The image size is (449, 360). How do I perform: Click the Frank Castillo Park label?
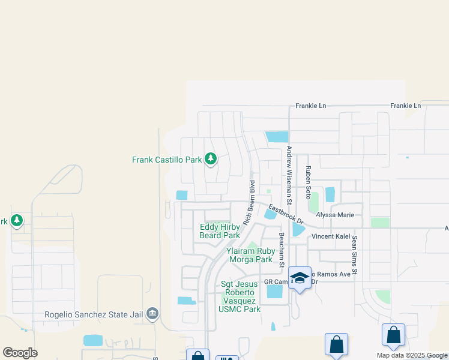167,160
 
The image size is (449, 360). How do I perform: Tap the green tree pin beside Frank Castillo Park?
210,159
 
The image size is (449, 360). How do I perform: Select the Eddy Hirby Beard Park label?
220,231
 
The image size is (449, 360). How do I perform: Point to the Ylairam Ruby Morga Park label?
251,256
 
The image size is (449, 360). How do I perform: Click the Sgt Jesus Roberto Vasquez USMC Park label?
240,296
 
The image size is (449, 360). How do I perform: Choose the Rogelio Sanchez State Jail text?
96,314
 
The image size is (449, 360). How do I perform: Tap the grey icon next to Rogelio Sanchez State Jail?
153,313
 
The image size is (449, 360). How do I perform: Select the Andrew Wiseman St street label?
289,172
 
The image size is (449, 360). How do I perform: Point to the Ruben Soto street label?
307,182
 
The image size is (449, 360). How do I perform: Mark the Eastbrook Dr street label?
286,214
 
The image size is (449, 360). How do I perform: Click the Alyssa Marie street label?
335,215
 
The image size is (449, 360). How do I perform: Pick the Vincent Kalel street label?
330,236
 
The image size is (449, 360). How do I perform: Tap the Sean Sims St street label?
355,256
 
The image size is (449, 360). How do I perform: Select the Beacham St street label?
281,247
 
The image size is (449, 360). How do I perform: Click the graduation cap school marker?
300,278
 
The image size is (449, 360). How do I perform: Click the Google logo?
20,353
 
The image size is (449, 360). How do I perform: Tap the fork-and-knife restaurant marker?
226,357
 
